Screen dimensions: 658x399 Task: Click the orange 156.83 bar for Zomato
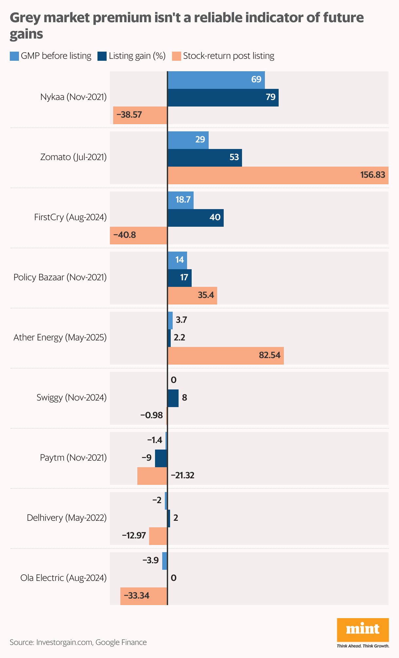click(278, 175)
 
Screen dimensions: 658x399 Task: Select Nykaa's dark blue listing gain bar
click(223, 97)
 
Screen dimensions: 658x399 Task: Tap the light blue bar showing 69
click(216, 80)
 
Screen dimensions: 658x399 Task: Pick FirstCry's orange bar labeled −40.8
click(139, 235)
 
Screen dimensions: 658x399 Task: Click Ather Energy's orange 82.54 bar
click(226, 356)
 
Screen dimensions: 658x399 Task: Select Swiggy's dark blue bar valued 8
click(173, 398)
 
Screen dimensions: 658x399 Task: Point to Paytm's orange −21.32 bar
click(152, 476)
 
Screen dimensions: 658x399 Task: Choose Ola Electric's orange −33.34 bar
click(144, 596)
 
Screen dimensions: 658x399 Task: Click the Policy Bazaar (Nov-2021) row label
click(60, 277)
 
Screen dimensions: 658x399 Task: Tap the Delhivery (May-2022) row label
click(67, 518)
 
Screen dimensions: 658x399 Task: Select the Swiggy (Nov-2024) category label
click(72, 398)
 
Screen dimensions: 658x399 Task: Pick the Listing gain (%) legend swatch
click(102, 56)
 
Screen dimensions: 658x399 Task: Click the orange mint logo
click(363, 629)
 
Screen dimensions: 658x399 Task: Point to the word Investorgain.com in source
click(64, 642)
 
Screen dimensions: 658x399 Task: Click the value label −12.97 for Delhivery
click(134, 535)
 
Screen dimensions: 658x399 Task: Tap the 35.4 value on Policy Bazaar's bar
click(206, 295)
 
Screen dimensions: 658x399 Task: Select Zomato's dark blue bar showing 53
click(205, 157)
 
